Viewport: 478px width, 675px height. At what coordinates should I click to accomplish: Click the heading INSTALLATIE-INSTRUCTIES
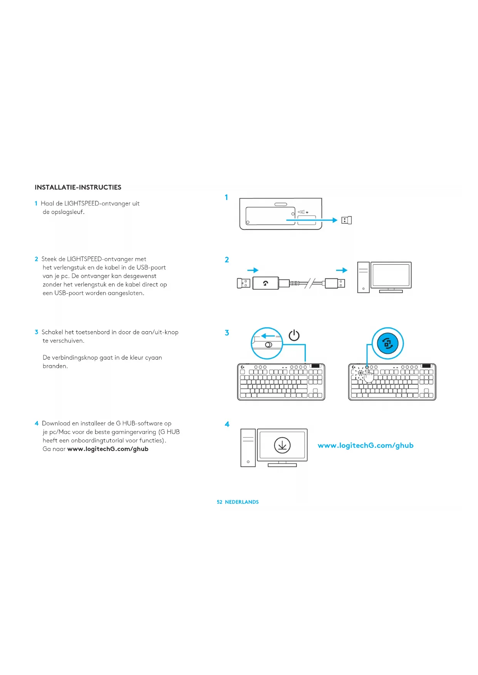click(78, 187)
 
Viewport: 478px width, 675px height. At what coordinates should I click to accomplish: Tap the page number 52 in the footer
click(220, 502)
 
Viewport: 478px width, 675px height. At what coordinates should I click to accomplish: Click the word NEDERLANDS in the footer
click(242, 502)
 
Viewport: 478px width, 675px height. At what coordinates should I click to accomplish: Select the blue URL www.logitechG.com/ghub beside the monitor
click(366, 445)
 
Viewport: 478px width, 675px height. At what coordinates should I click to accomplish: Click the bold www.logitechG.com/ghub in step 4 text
click(108, 449)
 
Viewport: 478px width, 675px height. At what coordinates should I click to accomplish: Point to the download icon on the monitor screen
click(282, 445)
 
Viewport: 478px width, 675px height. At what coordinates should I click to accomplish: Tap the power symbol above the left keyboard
click(294, 335)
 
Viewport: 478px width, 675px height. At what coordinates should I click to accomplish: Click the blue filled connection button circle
click(387, 343)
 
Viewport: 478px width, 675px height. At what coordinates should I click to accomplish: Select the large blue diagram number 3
click(227, 332)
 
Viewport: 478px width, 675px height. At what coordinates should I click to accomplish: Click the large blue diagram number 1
click(226, 197)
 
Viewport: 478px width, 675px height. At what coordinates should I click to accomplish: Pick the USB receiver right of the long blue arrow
click(347, 220)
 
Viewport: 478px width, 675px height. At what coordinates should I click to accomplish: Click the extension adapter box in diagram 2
click(265, 283)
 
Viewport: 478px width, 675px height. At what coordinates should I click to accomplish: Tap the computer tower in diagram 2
click(363, 277)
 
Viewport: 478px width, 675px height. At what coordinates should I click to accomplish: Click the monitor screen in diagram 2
click(391, 275)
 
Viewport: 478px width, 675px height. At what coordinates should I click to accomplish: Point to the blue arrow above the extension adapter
click(253, 270)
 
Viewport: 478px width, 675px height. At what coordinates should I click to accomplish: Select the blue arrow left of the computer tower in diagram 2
click(342, 270)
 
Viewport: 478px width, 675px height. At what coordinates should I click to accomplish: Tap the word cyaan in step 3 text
click(153, 358)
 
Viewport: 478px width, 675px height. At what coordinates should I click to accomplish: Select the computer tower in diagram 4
click(248, 448)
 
